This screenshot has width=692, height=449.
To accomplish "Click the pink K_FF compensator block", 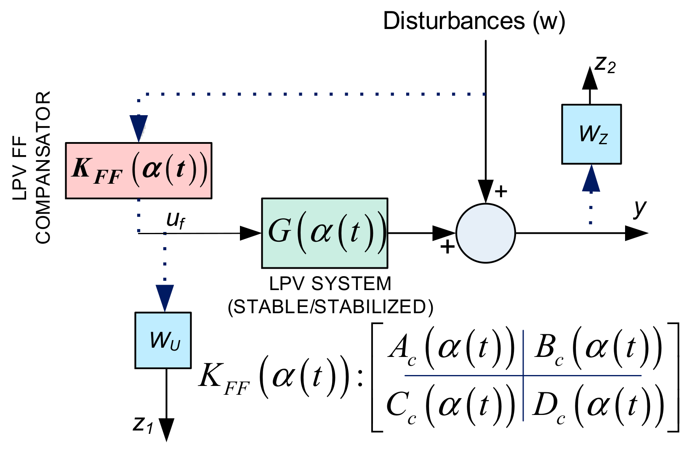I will [138, 170].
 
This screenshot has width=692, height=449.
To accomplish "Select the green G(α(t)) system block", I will [325, 233].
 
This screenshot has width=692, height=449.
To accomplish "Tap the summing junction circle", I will [486, 233].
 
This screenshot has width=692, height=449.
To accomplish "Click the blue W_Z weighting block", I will [591, 134].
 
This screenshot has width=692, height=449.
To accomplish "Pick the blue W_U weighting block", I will [163, 340].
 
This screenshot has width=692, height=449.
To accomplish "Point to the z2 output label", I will [605, 65].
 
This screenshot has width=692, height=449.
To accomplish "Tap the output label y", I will [640, 208].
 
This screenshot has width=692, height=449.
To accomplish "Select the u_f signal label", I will [175, 220].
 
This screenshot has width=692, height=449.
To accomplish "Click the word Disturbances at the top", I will [454, 21].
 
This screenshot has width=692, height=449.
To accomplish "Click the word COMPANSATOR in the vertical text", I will [43, 167].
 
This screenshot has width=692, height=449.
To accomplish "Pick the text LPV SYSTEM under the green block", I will [330, 284].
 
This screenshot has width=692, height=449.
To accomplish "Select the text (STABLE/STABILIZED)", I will [330, 307].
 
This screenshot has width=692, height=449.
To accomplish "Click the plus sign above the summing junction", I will [501, 192].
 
